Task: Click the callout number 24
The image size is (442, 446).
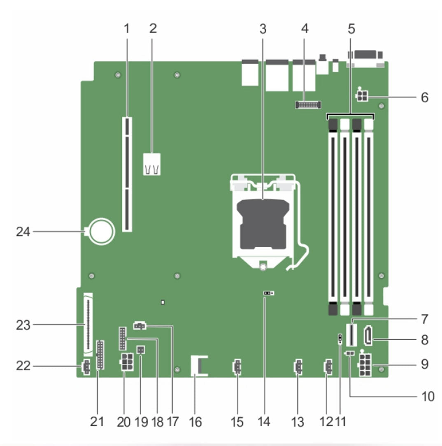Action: coord(23,232)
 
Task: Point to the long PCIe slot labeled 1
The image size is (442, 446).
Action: coord(127,174)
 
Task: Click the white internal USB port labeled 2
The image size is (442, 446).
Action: coord(152,165)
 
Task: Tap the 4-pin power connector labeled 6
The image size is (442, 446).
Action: coord(363,98)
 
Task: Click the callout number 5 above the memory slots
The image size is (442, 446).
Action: coord(351,29)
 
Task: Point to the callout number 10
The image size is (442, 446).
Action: coord(428,396)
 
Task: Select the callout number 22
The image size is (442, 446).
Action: coord(23,365)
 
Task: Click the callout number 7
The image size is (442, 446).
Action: coord(424,319)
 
